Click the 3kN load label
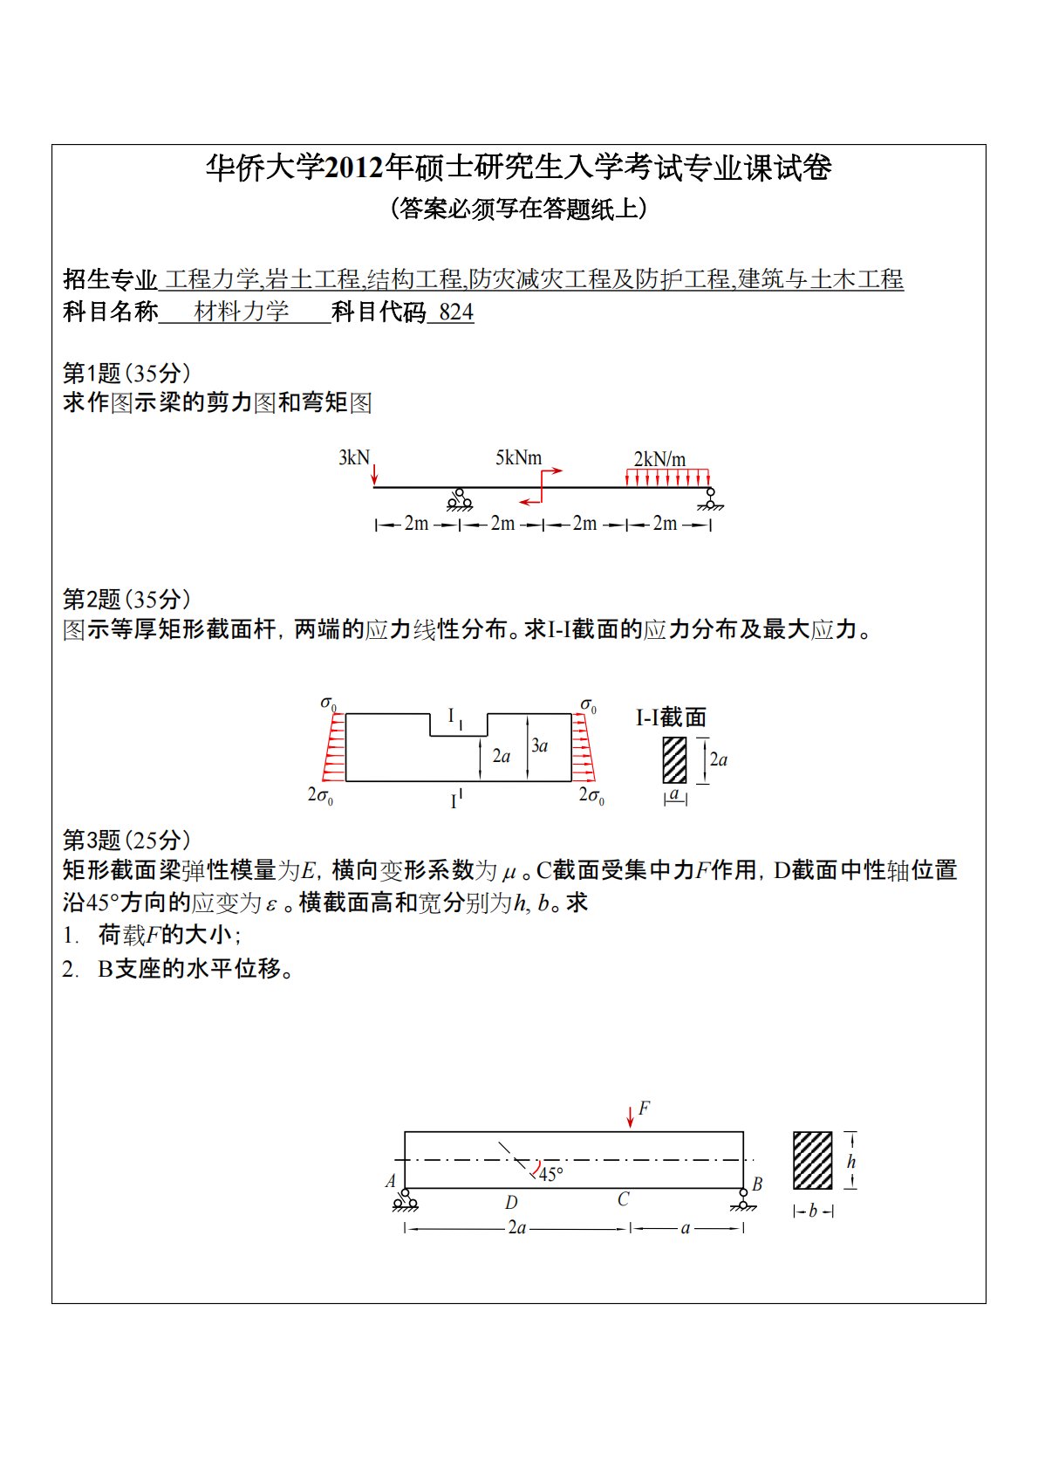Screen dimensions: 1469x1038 click(x=353, y=457)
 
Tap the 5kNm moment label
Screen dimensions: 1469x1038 click(x=518, y=457)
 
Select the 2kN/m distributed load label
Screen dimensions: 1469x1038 click(x=659, y=459)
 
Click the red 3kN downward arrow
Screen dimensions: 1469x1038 click(x=374, y=473)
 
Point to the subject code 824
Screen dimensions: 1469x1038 click(x=456, y=312)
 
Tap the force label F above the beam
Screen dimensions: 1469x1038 click(x=644, y=1108)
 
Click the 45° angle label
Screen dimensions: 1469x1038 click(x=551, y=1174)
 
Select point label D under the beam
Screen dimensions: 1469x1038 click(x=511, y=1202)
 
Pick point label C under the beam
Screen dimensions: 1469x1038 click(x=623, y=1199)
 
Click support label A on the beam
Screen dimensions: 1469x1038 click(x=391, y=1181)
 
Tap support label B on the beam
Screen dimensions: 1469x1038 click(x=757, y=1184)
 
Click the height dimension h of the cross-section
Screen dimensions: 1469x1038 click(x=851, y=1161)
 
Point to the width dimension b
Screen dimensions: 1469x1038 click(x=813, y=1211)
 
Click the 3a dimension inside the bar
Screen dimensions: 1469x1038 click(x=540, y=745)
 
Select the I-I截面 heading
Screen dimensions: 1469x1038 click(x=671, y=717)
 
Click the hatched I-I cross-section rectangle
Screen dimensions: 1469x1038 click(x=674, y=759)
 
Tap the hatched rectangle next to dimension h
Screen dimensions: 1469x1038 click(x=812, y=1160)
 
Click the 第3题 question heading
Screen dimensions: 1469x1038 click(x=91, y=840)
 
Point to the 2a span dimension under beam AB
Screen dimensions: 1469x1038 click(x=516, y=1227)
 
